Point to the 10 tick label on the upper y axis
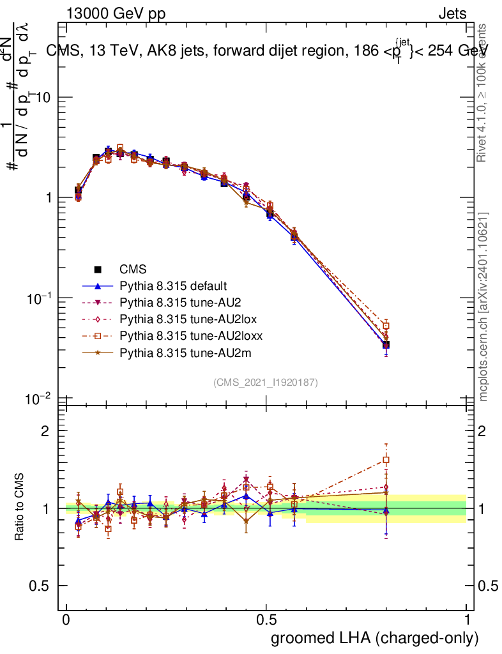[x=42, y=97]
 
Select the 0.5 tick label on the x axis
[x=266, y=620]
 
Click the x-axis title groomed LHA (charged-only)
[x=375, y=638]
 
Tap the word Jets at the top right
[x=452, y=13]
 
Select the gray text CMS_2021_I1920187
[x=266, y=382]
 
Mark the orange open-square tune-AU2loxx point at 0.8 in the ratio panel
[x=386, y=460]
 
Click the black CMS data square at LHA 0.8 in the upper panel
[x=386, y=345]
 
